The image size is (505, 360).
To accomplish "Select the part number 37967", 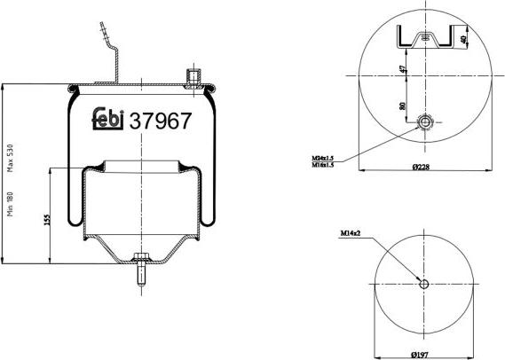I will pyautogui.click(x=161, y=121).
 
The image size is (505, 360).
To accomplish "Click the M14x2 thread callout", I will pyautogui.click(x=351, y=235).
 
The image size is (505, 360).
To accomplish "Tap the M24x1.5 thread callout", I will pyautogui.click(x=323, y=157).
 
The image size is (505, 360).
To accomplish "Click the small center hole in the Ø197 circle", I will pyautogui.click(x=423, y=285).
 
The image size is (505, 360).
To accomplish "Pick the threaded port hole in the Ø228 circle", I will pyautogui.click(x=426, y=123).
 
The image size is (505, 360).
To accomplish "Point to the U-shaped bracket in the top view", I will pyautogui.click(x=430, y=37).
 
